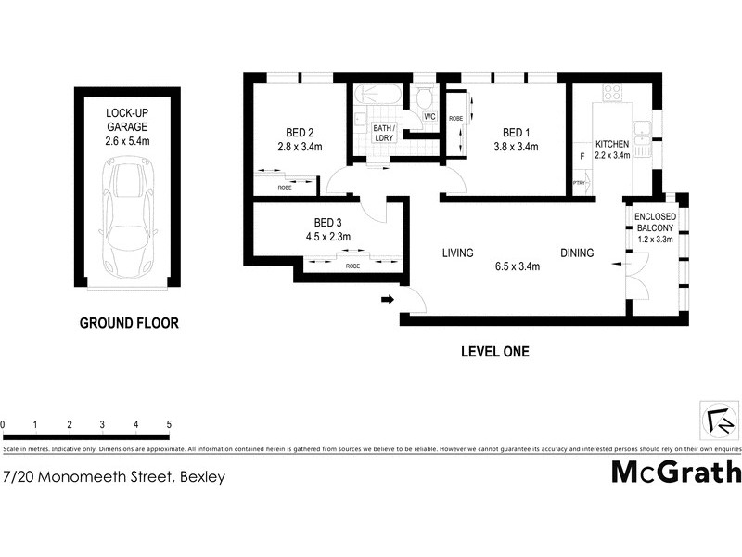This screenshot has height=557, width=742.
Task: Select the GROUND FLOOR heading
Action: (129, 324)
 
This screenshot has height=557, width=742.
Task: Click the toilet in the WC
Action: (427, 97)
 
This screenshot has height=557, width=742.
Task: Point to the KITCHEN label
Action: (612, 145)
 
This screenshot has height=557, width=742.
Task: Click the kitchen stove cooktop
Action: (613, 93)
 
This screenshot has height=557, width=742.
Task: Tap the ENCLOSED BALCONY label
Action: (657, 224)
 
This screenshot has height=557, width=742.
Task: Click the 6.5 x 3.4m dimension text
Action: (518, 266)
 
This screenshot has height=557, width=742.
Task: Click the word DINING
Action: (576, 253)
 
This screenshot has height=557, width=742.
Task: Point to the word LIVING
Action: (457, 253)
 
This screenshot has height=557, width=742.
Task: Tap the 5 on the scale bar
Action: (169, 425)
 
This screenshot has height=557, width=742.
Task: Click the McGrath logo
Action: (676, 472)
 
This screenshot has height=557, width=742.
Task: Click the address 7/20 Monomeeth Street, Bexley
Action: (115, 478)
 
